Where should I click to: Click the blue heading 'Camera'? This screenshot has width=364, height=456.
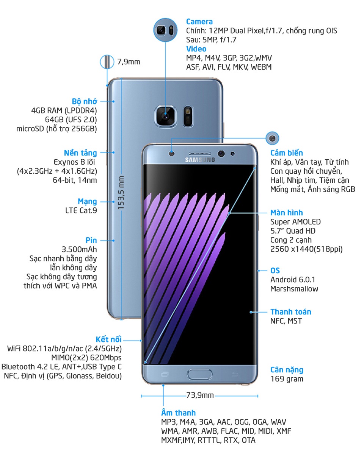[x=199, y=22]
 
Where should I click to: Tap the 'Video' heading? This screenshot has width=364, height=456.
[x=196, y=49]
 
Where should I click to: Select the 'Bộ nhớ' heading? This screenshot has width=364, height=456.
[x=84, y=101]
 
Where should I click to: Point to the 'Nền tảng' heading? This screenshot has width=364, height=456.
[x=80, y=153]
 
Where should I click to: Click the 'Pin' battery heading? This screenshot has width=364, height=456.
[x=91, y=240]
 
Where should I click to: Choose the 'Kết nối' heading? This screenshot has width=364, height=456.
[x=108, y=339]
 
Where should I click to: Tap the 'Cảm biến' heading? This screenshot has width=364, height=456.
[x=287, y=153]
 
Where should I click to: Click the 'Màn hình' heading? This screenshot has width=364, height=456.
[x=287, y=213]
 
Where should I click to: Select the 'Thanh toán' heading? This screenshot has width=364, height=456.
[x=291, y=312]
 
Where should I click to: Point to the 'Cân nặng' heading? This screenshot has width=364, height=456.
[x=287, y=370]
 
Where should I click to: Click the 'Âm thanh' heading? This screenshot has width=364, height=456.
[x=178, y=412]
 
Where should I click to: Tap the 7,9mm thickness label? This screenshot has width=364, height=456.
[x=129, y=62]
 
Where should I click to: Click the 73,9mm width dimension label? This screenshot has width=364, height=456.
[x=200, y=395]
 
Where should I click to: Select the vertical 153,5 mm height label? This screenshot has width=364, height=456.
[x=121, y=193]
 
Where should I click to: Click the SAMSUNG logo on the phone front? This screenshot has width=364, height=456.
[x=200, y=160]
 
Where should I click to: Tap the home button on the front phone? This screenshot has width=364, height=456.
[x=199, y=374]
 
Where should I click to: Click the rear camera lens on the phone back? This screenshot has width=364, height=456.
[x=166, y=116]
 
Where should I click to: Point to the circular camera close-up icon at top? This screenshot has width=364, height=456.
[x=165, y=30]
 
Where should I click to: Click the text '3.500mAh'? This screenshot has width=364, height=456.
[x=79, y=249]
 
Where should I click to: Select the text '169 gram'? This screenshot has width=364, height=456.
[x=287, y=379]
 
